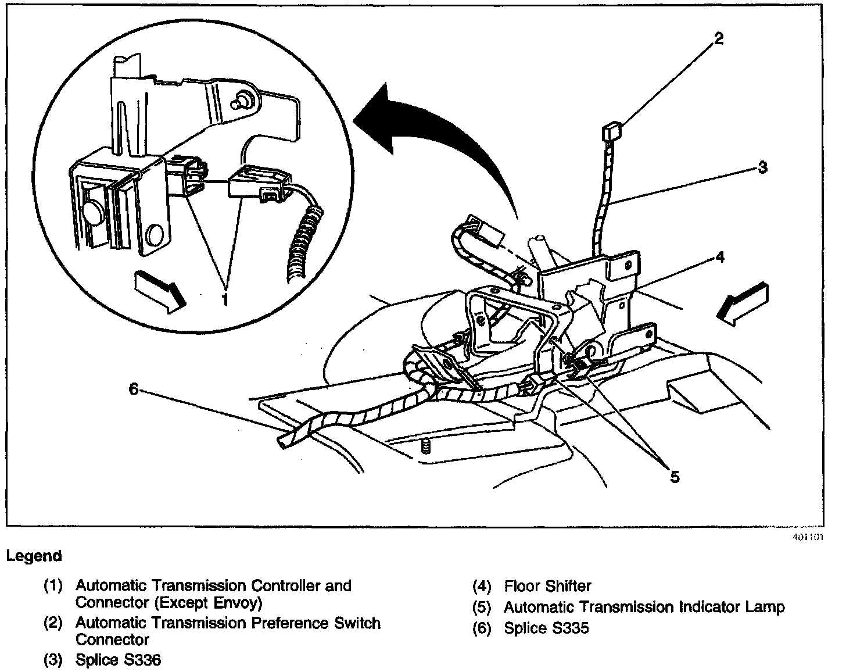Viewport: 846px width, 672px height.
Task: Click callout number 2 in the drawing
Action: tap(719, 40)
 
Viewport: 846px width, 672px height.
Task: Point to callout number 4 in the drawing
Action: tap(720, 256)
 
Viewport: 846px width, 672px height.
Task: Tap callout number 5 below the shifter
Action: tap(674, 477)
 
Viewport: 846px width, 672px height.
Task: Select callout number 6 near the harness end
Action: tap(133, 388)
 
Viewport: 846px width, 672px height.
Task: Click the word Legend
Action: tap(34, 556)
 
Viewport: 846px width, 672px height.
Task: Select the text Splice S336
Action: tap(118, 660)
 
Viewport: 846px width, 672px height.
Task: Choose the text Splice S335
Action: tap(546, 628)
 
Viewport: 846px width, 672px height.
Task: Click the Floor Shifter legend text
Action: tap(547, 586)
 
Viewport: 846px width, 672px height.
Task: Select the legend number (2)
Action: tap(53, 623)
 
